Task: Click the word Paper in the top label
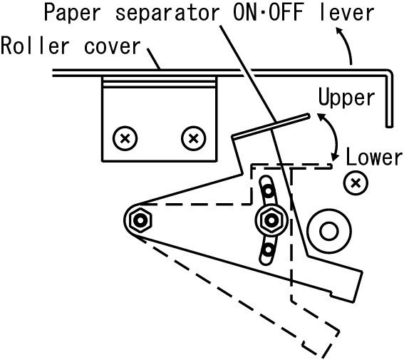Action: point(73,12)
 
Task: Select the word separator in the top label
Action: point(167,14)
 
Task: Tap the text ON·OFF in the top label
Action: point(268,12)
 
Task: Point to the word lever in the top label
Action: point(347,12)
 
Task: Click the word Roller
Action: point(36,46)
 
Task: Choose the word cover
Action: point(113,47)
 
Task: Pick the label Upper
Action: point(346,97)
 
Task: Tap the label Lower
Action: point(374,156)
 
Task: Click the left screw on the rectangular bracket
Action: point(125,138)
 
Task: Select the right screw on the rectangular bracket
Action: point(194,138)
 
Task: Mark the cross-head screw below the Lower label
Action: point(356,182)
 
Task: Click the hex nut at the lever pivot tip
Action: point(140,220)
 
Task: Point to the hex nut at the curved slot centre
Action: point(271,220)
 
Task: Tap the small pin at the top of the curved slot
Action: point(268,191)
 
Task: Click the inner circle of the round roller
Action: point(328,231)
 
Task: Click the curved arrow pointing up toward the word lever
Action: point(346,44)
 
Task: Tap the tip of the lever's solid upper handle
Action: point(309,115)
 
